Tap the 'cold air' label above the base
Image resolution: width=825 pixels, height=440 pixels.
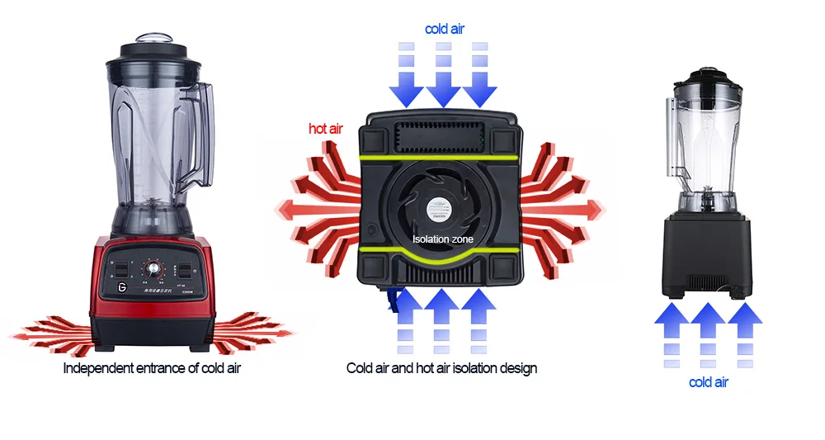point(445,29)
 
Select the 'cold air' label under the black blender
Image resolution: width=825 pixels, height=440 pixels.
point(709,382)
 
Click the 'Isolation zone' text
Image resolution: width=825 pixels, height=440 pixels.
point(443,239)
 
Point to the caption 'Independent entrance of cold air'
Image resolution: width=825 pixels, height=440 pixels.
point(152,367)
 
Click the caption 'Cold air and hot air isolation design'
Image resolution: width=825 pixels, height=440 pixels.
point(441,367)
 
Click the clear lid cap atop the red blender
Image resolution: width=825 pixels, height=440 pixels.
point(152,40)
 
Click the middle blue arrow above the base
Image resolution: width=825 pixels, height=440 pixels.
point(444,78)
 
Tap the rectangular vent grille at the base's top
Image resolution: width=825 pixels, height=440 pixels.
point(443,135)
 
